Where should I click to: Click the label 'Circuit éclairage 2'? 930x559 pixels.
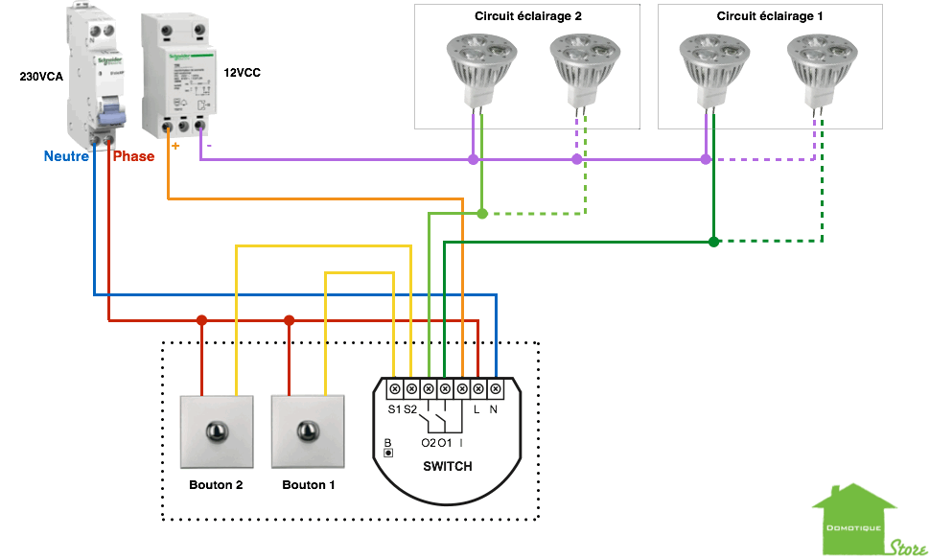click(x=527, y=16)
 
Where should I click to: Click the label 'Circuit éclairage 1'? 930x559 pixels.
click(x=769, y=16)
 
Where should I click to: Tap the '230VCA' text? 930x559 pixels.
click(x=41, y=76)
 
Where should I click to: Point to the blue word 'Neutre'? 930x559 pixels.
click(x=66, y=155)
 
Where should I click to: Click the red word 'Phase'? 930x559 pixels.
click(x=133, y=156)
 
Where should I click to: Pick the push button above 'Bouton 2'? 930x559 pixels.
click(x=215, y=432)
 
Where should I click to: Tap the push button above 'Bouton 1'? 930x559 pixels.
click(x=308, y=432)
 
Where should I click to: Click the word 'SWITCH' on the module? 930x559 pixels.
click(x=447, y=466)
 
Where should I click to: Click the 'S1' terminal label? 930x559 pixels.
click(x=394, y=410)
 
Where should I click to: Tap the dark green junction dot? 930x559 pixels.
click(x=713, y=242)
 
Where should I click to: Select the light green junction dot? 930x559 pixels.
click(x=482, y=213)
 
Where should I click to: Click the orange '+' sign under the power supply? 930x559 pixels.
click(x=174, y=147)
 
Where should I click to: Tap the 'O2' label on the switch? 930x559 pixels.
click(x=428, y=442)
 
